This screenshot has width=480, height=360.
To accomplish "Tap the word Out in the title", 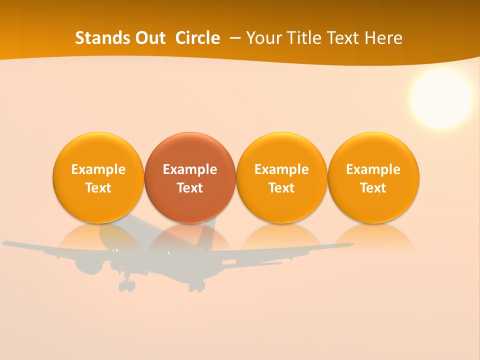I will pyautogui.click(x=149, y=38).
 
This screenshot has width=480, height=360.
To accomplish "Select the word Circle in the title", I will pyautogui.click(x=197, y=38).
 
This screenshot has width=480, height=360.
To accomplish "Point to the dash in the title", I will pyautogui.click(x=233, y=38).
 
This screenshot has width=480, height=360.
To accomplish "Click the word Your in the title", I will pyautogui.click(x=261, y=38).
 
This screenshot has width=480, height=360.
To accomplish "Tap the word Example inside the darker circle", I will pyautogui.click(x=190, y=169).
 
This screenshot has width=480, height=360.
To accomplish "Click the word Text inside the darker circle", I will pyautogui.click(x=190, y=188).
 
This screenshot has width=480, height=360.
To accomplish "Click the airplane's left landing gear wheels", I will pyautogui.click(x=127, y=286).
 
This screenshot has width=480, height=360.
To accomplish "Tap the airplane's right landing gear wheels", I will pyautogui.click(x=196, y=286).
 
